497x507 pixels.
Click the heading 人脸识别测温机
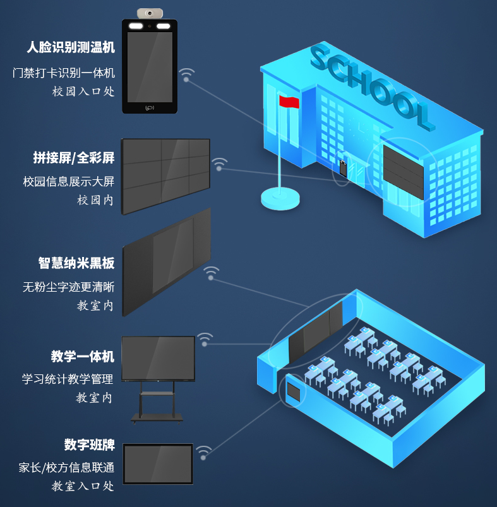pyautogui.click(x=70, y=48)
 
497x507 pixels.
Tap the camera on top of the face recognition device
pyautogui.click(x=150, y=13)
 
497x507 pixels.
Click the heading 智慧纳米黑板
pyautogui.click(x=76, y=263)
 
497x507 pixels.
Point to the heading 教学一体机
pyautogui.click(x=82, y=357)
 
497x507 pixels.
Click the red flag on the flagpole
pyautogui.click(x=289, y=102)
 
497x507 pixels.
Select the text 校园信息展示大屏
pyautogui.click(x=68, y=182)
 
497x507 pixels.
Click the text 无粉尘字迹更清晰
pyautogui.click(x=68, y=287)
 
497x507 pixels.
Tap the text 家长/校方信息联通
pyautogui.click(x=66, y=468)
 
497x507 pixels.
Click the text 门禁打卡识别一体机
pyautogui.click(x=64, y=73)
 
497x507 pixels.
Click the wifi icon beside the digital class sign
pyautogui.click(x=203, y=452)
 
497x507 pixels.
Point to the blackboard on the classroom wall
pyautogui.click(x=315, y=331)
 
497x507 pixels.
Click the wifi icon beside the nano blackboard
pyautogui.click(x=211, y=273)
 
